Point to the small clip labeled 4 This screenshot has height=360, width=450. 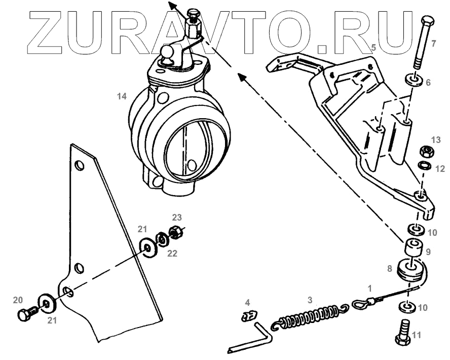coord(247,317)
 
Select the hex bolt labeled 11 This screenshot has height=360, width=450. coord(403,334)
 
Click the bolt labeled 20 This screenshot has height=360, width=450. coord(26,313)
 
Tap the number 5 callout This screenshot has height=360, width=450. coord(373,48)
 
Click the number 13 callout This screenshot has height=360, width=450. coord(436,139)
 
